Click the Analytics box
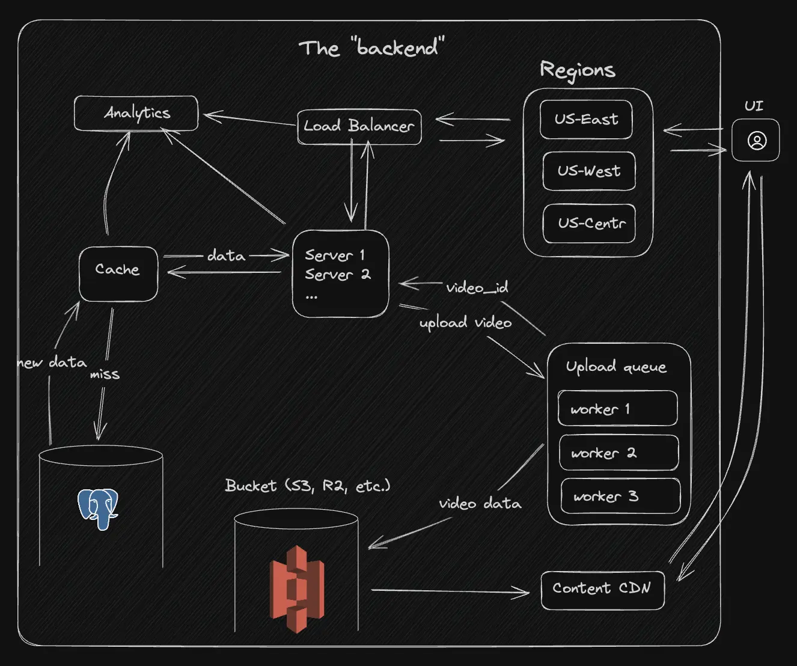tap(136, 113)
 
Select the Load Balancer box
tap(359, 126)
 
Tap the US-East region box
tap(586, 120)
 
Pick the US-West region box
tap(588, 171)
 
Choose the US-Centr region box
tap(589, 224)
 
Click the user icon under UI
tap(756, 141)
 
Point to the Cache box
tap(118, 273)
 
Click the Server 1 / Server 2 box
tap(340, 273)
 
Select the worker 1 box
tap(617, 409)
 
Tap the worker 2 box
tap(618, 453)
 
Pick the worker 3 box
tap(620, 496)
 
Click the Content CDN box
tap(602, 590)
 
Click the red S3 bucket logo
tap(297, 589)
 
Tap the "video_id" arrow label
tap(477, 287)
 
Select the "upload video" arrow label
tap(465, 323)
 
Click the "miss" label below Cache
tap(105, 374)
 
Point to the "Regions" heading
tap(578, 70)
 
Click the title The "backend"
tap(371, 47)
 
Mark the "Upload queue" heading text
tap(616, 367)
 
